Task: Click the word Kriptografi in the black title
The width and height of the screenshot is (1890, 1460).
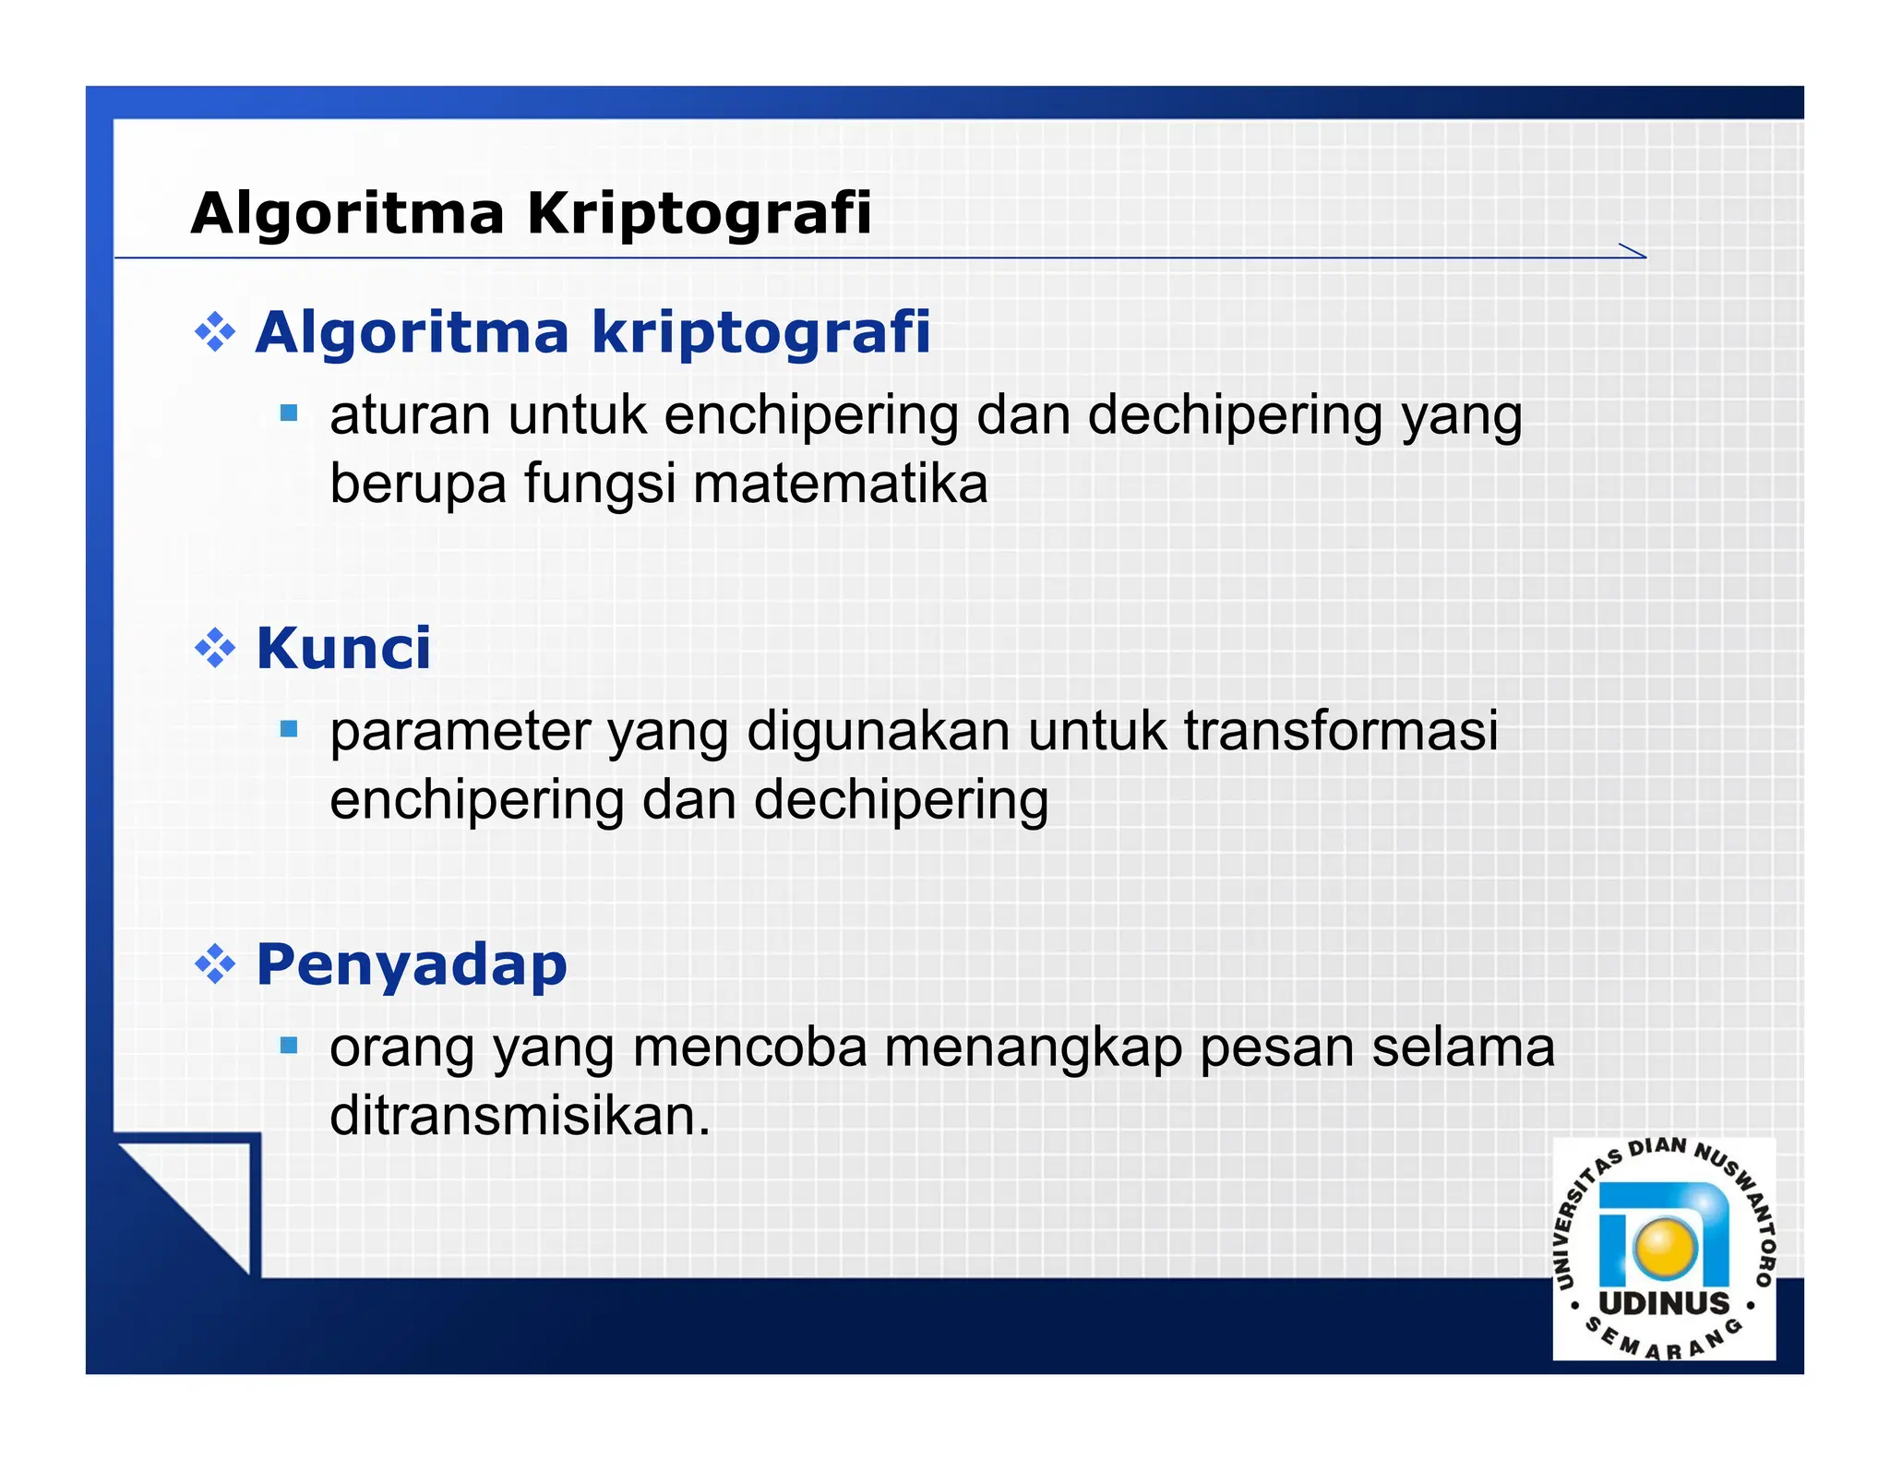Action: (x=699, y=214)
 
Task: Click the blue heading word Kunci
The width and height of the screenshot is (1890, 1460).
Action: (x=343, y=648)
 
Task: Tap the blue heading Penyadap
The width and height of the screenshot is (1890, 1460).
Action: (x=411, y=964)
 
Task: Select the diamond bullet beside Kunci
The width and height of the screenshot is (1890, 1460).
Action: (x=215, y=648)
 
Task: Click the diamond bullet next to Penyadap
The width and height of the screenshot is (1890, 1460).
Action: (x=215, y=964)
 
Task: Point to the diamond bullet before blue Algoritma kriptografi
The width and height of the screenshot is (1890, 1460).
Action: (x=215, y=332)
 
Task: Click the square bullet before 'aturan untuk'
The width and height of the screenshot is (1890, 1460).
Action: (x=289, y=413)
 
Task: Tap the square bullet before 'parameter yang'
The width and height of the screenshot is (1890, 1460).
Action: (x=289, y=729)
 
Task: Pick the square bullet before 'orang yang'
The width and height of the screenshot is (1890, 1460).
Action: (x=289, y=1045)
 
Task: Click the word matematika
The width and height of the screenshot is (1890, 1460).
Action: (x=840, y=484)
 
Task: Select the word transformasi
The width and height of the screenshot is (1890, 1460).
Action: (x=1340, y=731)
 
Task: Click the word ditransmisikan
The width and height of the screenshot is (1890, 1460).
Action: (x=520, y=1116)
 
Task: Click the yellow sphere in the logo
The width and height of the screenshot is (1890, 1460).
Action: (x=1665, y=1247)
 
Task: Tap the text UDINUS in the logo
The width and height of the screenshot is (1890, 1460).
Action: (x=1664, y=1303)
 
